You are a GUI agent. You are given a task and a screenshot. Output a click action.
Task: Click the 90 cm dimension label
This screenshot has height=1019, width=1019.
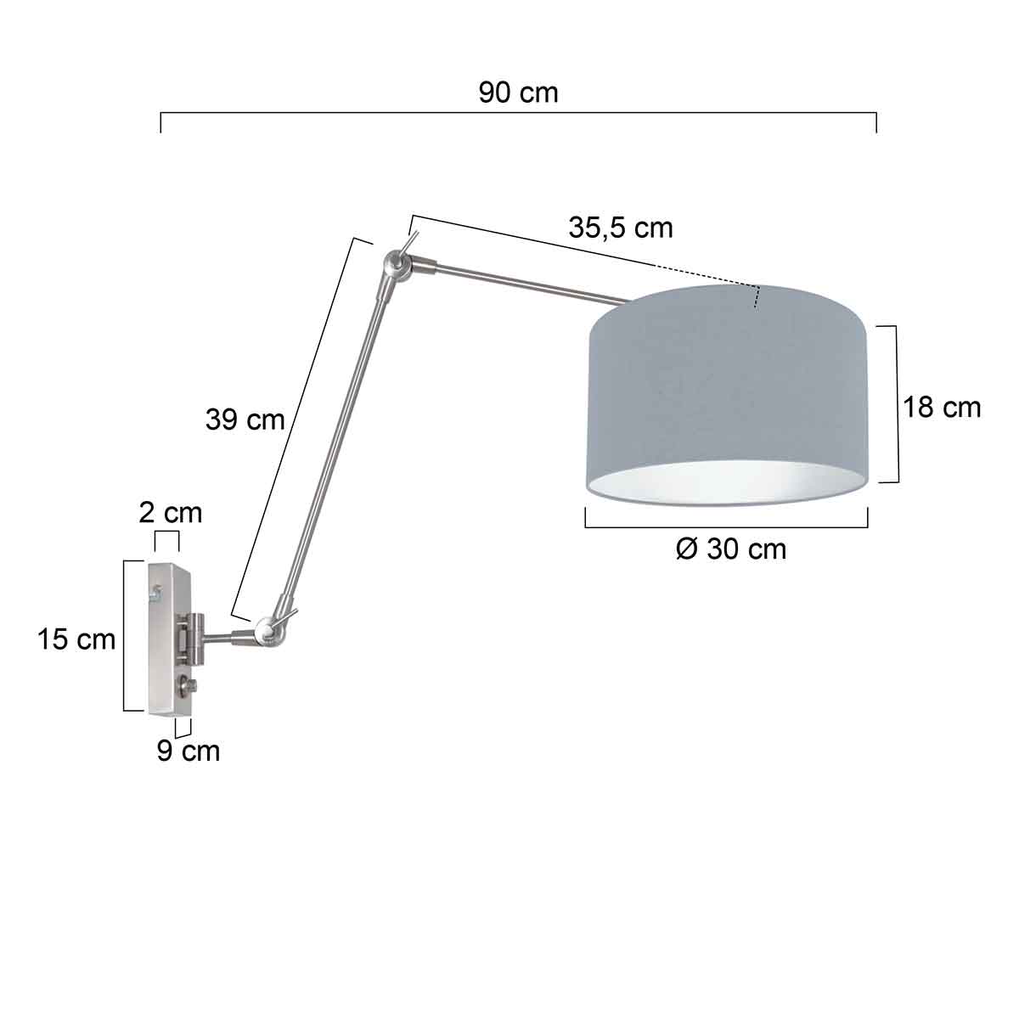[x=518, y=93]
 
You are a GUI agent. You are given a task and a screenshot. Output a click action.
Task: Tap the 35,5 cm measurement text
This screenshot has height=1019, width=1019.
[x=620, y=228]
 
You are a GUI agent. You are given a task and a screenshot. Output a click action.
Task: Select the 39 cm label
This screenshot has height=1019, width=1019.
[x=245, y=419]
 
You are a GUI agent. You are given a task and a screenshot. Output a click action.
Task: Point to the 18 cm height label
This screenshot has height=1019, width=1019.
[x=941, y=408]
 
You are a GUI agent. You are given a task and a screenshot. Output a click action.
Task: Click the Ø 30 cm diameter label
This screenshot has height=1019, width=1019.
[x=731, y=549]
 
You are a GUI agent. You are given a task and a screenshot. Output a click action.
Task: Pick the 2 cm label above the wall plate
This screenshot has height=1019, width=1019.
[x=171, y=513]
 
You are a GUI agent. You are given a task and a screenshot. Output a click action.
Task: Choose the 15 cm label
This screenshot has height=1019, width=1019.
[x=76, y=639]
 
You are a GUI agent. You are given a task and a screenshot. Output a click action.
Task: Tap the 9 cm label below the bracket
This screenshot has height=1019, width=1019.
[x=188, y=751]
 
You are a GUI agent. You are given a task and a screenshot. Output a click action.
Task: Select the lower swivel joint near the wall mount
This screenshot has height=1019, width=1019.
[x=267, y=630]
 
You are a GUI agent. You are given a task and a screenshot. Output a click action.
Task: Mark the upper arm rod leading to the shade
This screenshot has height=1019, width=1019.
[x=526, y=284]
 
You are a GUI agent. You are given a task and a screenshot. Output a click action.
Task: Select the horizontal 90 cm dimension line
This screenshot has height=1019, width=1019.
[x=518, y=111]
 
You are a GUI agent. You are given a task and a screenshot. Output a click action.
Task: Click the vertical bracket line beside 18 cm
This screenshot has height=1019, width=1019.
[x=898, y=403]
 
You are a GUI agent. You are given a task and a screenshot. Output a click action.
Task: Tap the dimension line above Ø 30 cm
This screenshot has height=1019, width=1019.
[x=726, y=527]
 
